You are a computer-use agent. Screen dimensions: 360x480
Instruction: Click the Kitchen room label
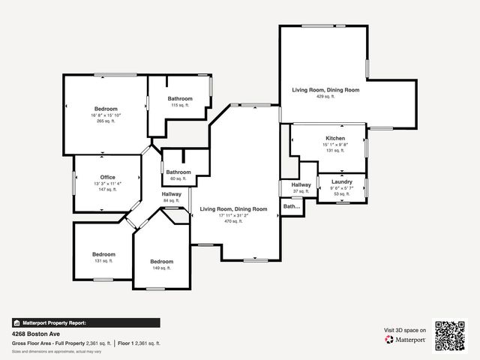pyautogui.click(x=334, y=139)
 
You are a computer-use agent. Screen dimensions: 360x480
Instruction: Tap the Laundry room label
pyautogui.click(x=341, y=181)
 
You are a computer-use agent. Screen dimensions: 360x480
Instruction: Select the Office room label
pyautogui.click(x=107, y=177)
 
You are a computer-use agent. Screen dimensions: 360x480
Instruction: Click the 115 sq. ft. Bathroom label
pyautogui.click(x=180, y=99)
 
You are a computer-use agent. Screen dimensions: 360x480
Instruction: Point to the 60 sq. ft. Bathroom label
pyautogui.click(x=178, y=172)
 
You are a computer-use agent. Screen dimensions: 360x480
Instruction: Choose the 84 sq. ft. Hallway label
pyautogui.click(x=172, y=194)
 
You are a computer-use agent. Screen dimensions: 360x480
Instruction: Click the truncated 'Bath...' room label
pyautogui.click(x=291, y=206)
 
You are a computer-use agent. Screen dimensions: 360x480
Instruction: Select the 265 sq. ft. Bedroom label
pyautogui.click(x=106, y=109)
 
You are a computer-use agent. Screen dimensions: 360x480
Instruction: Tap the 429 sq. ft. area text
pyautogui.click(x=325, y=96)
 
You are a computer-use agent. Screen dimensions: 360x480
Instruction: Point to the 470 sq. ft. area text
pyautogui.click(x=233, y=222)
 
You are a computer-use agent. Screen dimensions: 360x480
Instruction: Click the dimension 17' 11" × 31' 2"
pyautogui.click(x=233, y=216)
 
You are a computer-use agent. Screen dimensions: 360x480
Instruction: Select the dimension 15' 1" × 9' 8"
pyautogui.click(x=334, y=145)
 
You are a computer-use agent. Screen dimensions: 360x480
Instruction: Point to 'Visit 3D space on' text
pyautogui.click(x=405, y=330)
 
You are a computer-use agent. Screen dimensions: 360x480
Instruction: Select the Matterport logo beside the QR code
pyautogui.click(x=406, y=340)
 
